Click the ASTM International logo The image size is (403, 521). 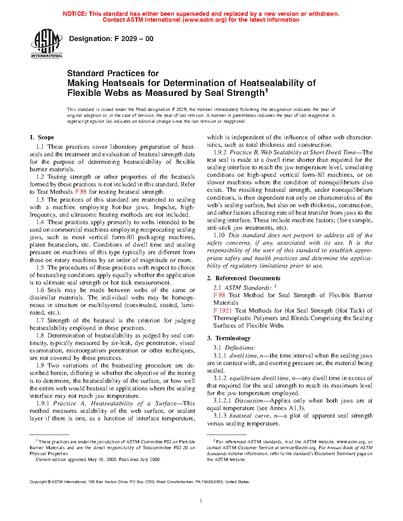point(47,44)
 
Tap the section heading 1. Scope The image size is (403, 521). point(42,137)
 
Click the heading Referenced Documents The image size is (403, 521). point(248,278)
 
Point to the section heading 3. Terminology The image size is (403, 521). point(229,338)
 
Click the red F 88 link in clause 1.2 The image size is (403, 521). point(81,192)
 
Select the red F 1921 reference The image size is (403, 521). point(222,311)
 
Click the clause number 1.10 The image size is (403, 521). point(219,235)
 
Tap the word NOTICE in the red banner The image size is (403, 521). point(75,14)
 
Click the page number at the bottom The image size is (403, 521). point(201,501)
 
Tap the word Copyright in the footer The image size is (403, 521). point(38,482)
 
